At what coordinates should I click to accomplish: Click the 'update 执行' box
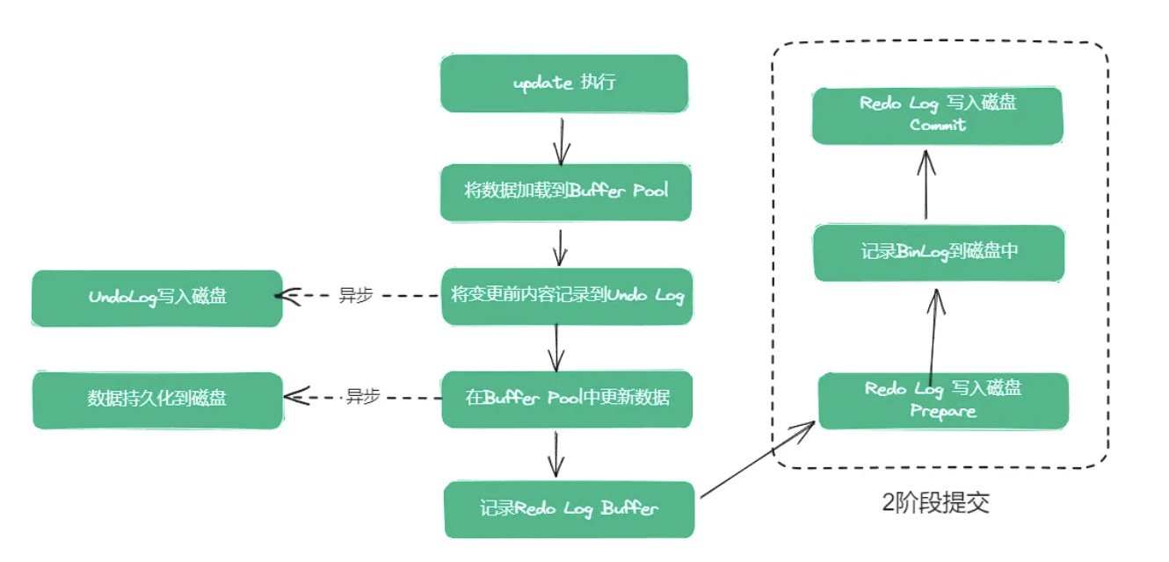(563, 83)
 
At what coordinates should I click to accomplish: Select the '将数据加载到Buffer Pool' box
(565, 191)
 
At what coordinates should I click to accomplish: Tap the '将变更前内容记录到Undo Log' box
(566, 296)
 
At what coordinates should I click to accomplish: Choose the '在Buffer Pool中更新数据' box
(567, 399)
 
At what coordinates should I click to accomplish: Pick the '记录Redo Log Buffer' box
(569, 508)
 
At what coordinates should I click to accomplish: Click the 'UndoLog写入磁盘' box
(157, 298)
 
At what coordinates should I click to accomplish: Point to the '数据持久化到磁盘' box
(157, 400)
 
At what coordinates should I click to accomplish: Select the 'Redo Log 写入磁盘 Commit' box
(937, 115)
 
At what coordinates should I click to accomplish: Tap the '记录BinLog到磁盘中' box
(939, 252)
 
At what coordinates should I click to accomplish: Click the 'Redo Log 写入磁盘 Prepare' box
(943, 401)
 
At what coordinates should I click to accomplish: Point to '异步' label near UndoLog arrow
(356, 296)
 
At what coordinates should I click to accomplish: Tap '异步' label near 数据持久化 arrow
(362, 397)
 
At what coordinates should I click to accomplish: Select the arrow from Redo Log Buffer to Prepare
(758, 462)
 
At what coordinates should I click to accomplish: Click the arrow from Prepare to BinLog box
(934, 334)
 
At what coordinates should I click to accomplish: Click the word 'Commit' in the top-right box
(937, 126)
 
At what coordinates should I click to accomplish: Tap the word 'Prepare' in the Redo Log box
(943, 412)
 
